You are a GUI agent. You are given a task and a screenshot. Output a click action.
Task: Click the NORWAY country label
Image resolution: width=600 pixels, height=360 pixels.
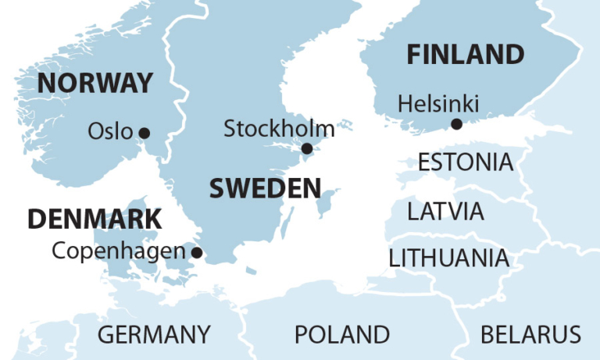pos(95,83)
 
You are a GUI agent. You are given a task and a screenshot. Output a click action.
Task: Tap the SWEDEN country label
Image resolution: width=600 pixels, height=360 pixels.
pos(265,188)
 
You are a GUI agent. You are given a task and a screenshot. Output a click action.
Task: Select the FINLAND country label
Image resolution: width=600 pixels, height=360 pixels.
pos(465,55)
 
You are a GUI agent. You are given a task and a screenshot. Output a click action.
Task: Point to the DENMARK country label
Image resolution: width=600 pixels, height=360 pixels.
pos(95,219)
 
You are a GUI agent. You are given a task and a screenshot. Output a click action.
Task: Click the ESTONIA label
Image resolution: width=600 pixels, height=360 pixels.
pos(466,162)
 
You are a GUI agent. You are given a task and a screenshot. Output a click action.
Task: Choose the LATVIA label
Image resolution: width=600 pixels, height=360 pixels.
pos(445,211)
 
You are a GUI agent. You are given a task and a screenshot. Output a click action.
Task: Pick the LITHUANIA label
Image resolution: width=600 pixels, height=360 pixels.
pos(448,258)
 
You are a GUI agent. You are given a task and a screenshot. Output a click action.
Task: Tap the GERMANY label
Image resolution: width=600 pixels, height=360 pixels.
pos(154,335)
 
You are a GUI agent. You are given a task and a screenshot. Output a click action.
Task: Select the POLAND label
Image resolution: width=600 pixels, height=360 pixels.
pos(341,335)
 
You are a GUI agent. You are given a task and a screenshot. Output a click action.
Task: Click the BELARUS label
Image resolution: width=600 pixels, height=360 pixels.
pos(530,335)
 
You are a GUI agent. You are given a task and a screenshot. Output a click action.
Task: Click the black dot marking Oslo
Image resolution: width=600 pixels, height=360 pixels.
pos(144,133)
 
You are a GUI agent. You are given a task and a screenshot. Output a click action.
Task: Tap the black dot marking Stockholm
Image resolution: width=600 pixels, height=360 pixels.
pos(307,148)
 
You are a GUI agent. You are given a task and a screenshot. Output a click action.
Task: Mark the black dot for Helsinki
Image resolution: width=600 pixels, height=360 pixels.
pos(456,124)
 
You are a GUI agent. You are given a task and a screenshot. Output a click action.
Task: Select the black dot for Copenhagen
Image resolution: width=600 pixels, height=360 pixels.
pos(197,252)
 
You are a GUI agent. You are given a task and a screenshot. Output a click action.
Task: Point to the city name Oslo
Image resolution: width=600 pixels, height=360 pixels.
pos(110,131)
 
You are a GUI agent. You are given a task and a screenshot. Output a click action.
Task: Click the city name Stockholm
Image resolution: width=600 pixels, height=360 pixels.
pos(279,129)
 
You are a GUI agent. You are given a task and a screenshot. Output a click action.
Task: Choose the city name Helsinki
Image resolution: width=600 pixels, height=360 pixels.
pos(438,104)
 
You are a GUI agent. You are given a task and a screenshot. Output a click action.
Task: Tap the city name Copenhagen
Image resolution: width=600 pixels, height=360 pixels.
pos(119,251)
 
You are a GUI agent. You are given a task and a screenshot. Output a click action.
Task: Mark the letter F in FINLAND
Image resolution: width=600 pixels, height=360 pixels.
pos(415,55)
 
